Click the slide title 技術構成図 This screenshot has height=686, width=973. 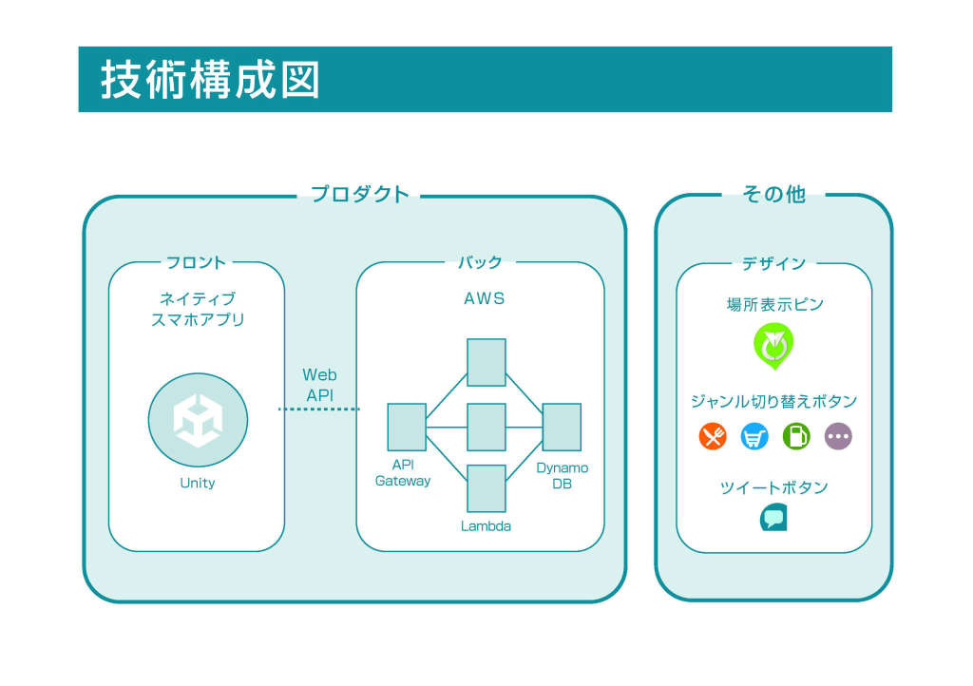pos(210,80)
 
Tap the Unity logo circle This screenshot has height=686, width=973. pos(198,420)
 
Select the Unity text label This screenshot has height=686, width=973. pos(198,484)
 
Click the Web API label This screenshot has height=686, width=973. pos(319,385)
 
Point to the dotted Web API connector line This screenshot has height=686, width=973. pos(319,409)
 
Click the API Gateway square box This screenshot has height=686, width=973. pos(407,427)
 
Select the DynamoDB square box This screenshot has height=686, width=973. pos(562,427)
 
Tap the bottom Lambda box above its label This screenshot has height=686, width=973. pos(486,488)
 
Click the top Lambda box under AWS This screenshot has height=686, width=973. pos(486,362)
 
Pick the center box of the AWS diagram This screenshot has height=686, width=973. pos(486,427)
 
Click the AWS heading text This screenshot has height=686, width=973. pos(484,299)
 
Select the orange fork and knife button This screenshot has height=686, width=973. pos(713,436)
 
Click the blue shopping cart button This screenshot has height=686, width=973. pos(754,436)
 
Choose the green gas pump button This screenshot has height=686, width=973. pos(796,436)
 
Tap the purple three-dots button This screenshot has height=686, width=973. pos(838,436)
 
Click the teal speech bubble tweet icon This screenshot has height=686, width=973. pos(773,517)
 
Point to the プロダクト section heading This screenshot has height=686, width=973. pos(359,194)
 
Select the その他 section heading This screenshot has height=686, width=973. pos(773,194)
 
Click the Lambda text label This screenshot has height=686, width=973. pos(486,526)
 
